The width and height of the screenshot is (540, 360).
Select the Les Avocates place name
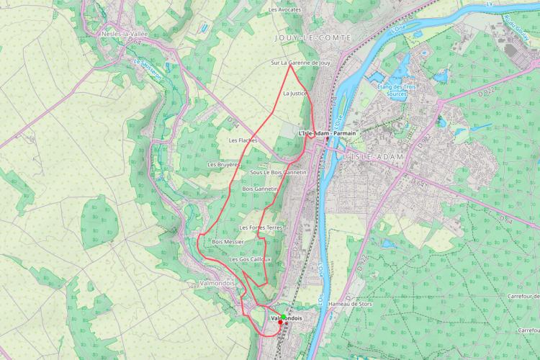[284, 10]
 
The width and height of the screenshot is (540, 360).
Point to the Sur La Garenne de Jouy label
[300, 63]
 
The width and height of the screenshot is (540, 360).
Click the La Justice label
[296, 94]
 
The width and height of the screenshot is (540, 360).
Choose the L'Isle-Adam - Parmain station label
[327, 133]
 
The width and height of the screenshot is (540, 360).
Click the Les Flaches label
[243, 140]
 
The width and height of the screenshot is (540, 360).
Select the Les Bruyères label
[223, 164]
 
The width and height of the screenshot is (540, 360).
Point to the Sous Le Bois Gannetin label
[278, 173]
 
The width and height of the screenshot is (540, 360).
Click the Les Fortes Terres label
[261, 228]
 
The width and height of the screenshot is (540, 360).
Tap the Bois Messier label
[228, 242]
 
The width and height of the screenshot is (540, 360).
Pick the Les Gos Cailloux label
[250, 259]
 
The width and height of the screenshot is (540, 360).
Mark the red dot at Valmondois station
[280, 322]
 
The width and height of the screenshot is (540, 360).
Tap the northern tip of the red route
[290, 66]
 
